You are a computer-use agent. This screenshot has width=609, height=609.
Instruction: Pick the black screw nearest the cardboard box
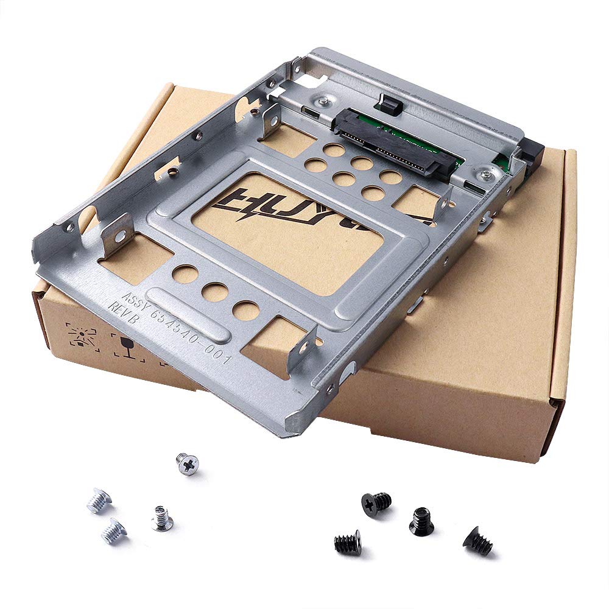coord(375,504)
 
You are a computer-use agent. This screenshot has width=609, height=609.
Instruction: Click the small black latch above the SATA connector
coord(392,105)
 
